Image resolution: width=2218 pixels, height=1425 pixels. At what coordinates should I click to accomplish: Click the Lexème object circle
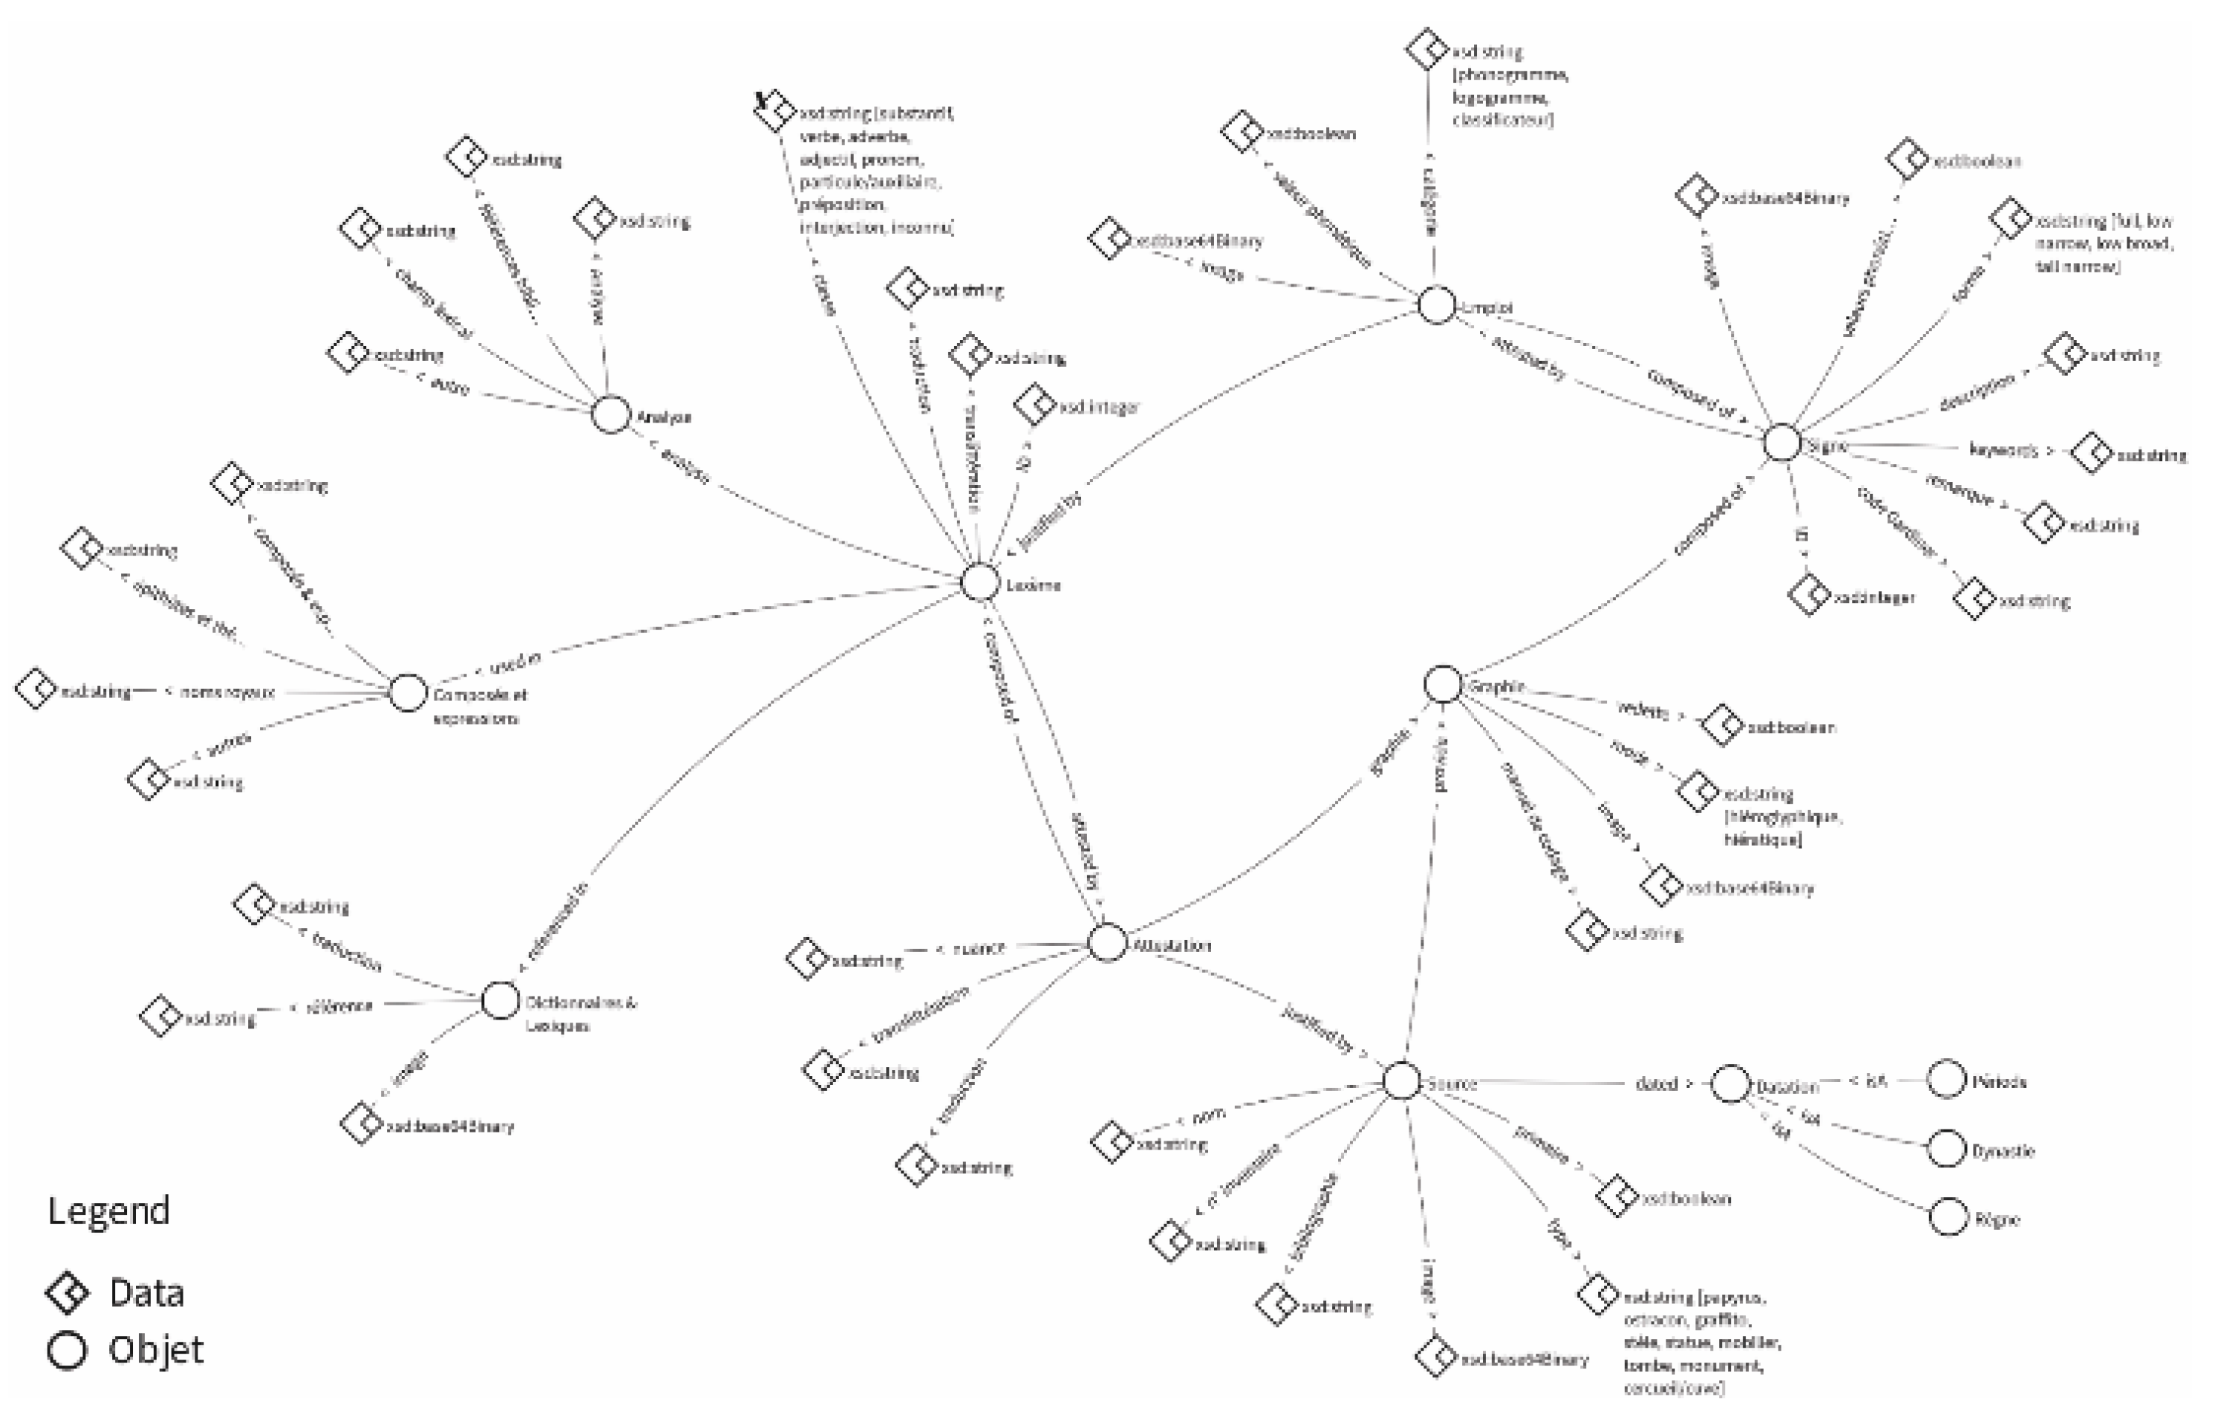pyautogui.click(x=980, y=582)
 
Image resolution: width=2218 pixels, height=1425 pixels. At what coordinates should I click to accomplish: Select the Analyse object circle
pyautogui.click(x=610, y=414)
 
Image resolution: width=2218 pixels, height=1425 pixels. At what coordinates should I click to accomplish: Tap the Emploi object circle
pyautogui.click(x=1436, y=305)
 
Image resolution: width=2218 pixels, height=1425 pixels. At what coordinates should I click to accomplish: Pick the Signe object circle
pyautogui.click(x=1782, y=443)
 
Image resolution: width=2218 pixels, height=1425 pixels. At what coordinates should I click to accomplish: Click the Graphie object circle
pyautogui.click(x=1443, y=685)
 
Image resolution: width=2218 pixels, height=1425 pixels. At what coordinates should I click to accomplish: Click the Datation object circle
pyautogui.click(x=1729, y=1083)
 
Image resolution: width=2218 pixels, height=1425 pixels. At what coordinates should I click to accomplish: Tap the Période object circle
pyautogui.click(x=1946, y=1079)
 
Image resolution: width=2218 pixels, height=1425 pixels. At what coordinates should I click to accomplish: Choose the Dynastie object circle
pyautogui.click(x=1947, y=1150)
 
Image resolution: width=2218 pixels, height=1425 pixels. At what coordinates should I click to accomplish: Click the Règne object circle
pyautogui.click(x=1948, y=1218)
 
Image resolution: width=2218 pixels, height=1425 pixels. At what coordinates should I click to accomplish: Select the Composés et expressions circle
pyautogui.click(x=407, y=692)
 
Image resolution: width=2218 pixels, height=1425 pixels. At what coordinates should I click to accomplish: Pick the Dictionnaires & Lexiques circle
pyautogui.click(x=500, y=1000)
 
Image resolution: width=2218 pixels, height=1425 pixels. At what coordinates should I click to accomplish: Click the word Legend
pyautogui.click(x=108, y=1210)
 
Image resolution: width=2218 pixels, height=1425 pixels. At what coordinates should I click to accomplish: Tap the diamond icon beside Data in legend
pyautogui.click(x=68, y=1292)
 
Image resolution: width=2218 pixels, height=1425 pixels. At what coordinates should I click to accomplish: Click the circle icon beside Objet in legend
pyautogui.click(x=68, y=1350)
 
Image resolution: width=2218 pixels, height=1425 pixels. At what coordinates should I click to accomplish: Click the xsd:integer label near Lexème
pyautogui.click(x=1099, y=407)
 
